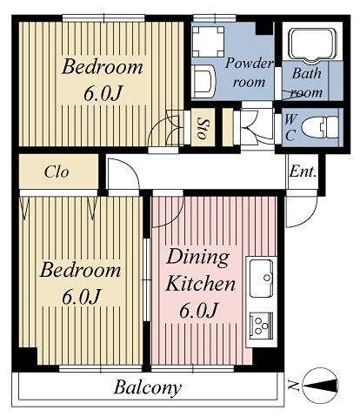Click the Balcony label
click(x=148, y=387)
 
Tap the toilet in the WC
click(x=319, y=127)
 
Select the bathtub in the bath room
click(x=314, y=45)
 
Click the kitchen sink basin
click(x=262, y=278)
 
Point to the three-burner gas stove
click(x=262, y=326)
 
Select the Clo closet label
click(x=57, y=172)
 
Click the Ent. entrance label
click(x=303, y=172)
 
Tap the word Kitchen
click(x=200, y=284)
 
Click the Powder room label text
click(x=250, y=73)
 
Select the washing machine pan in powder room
click(x=208, y=42)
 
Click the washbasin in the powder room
click(x=203, y=81)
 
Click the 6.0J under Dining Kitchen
click(x=198, y=311)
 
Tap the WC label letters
click(x=290, y=127)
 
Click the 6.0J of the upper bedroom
click(x=103, y=92)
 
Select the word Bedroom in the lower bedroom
click(x=80, y=270)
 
